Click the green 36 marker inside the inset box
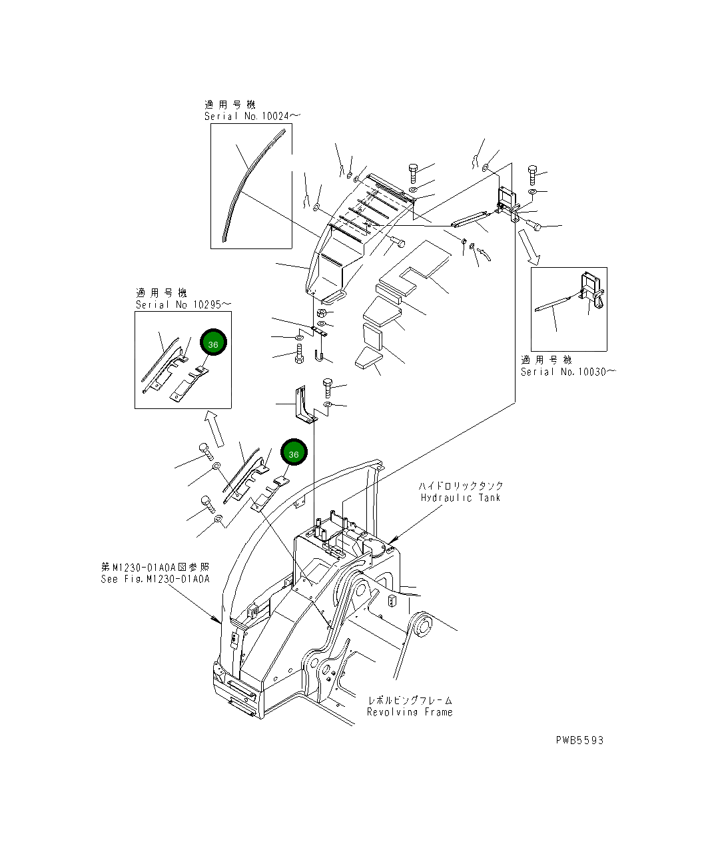213,344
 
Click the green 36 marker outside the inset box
294,453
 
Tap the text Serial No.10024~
252,117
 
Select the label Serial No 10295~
183,304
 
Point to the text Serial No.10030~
567,372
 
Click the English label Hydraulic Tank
460,498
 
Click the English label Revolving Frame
410,712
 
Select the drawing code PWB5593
579,740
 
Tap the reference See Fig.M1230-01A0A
155,579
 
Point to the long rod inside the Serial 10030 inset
552,304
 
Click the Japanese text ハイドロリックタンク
461,486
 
